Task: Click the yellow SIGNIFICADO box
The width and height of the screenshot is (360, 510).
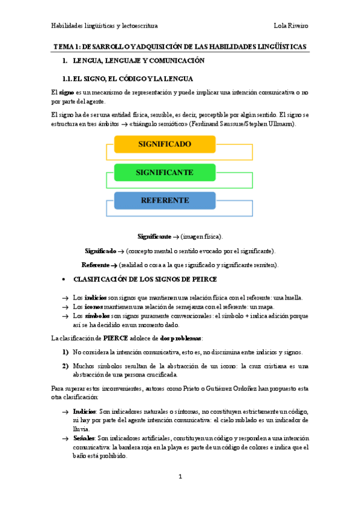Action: pos(164,144)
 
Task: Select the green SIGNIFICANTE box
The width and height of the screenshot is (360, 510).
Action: pos(164,173)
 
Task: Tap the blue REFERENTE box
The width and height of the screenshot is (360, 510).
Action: pos(164,200)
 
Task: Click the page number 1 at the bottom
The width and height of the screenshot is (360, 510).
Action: pos(180,476)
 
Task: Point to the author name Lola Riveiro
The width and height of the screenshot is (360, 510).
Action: pos(291,26)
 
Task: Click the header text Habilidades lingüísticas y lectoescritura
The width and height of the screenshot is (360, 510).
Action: pos(105,26)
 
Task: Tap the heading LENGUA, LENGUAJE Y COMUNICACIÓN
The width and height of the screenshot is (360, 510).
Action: pos(139,61)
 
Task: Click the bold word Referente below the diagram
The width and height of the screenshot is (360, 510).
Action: pos(95,265)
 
